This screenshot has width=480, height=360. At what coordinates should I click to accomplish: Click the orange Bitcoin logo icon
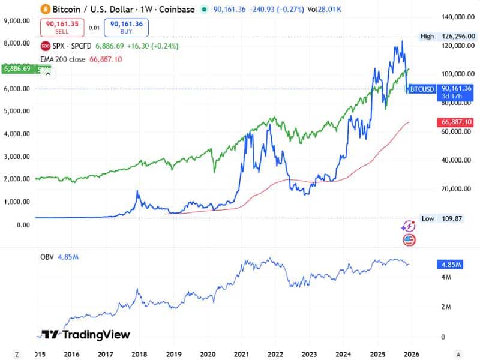click(x=45, y=9)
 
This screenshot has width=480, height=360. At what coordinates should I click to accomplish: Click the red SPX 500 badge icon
click(x=45, y=46)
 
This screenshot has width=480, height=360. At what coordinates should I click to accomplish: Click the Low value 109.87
click(x=452, y=219)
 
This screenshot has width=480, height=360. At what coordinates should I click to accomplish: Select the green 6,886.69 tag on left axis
click(x=18, y=69)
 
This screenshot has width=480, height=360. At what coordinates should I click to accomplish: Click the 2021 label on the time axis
click(x=242, y=354)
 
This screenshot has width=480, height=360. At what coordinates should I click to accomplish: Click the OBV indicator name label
click(x=47, y=257)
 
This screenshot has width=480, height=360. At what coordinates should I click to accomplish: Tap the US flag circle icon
click(x=409, y=239)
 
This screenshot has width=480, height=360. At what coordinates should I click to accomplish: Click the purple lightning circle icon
click(x=409, y=226)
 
